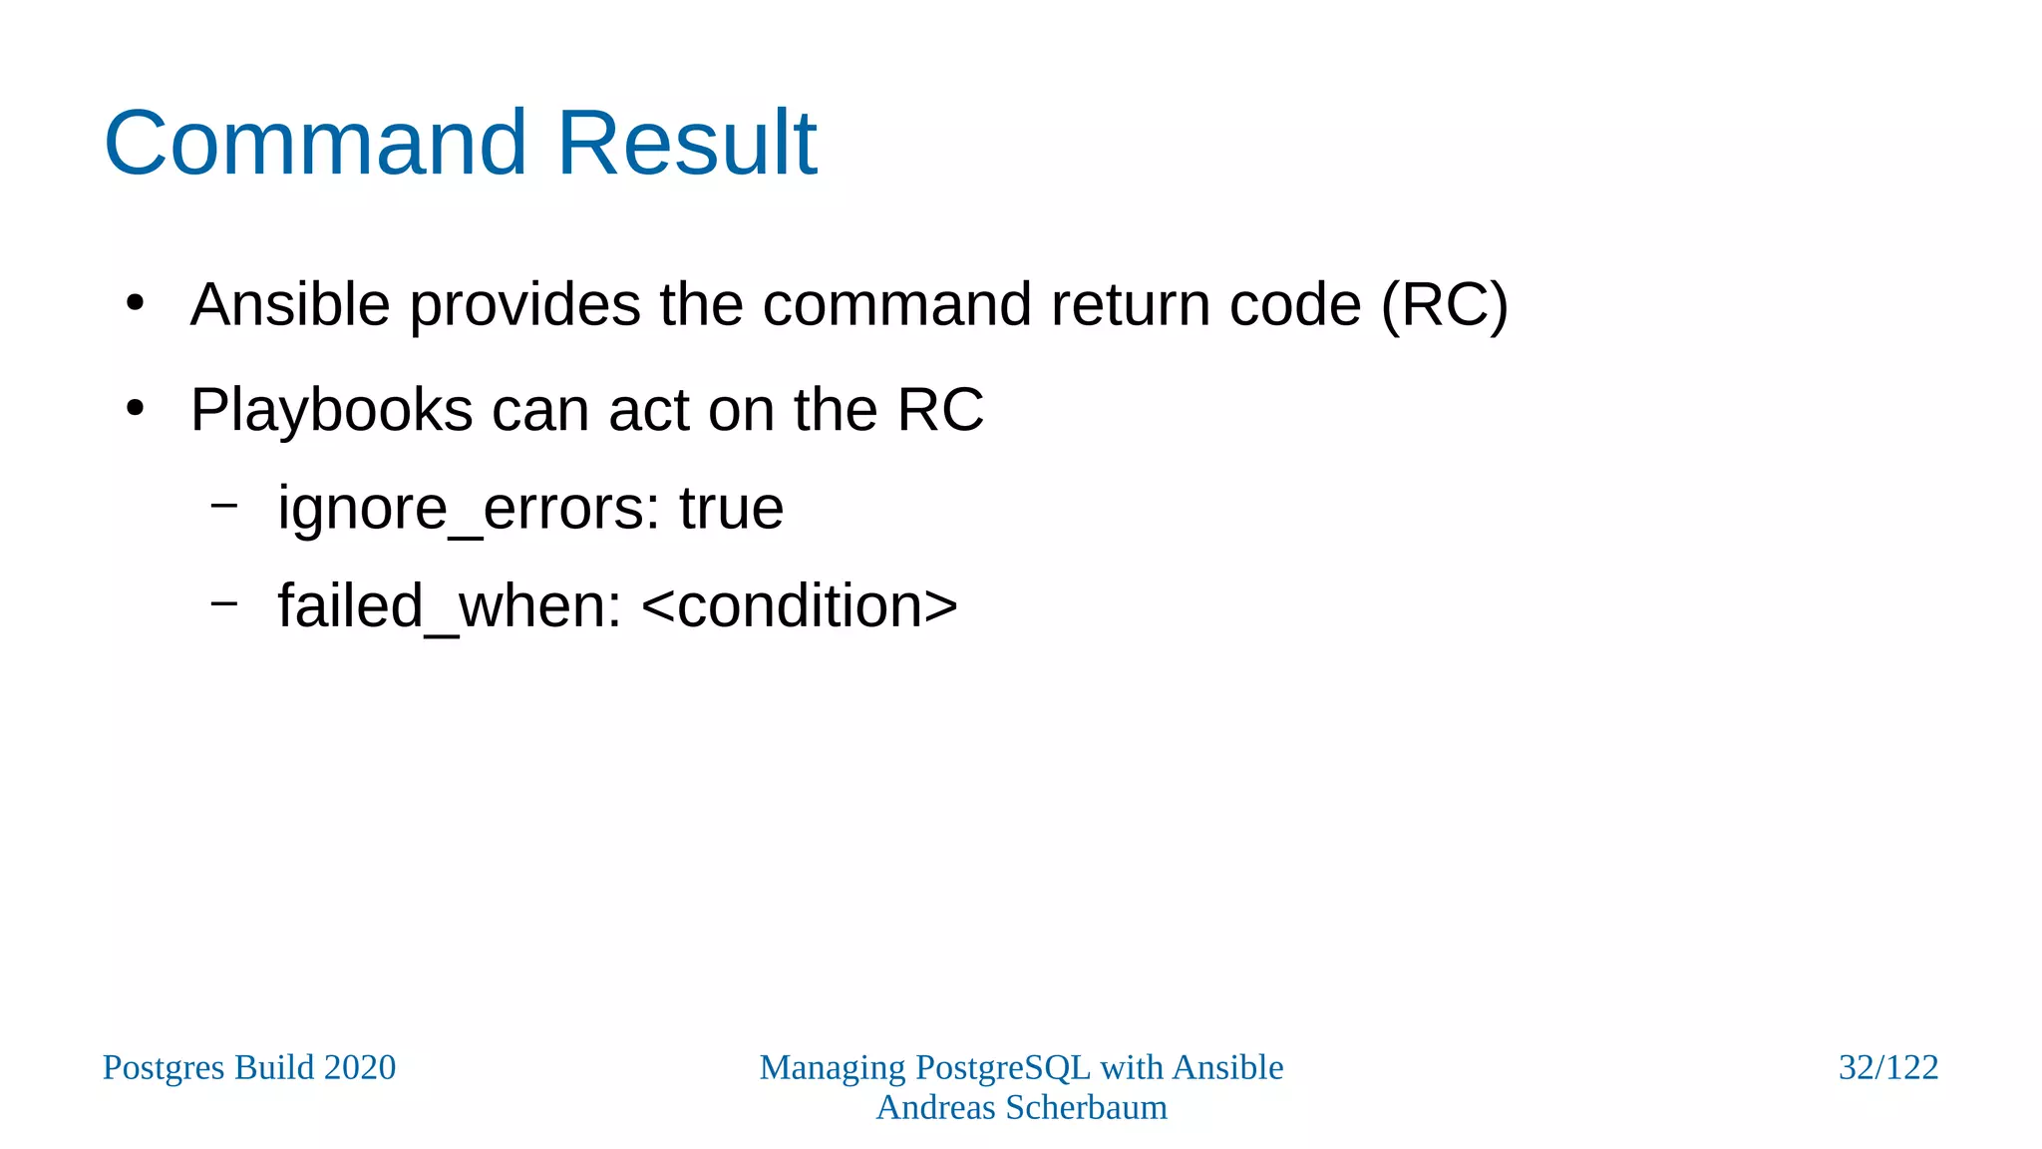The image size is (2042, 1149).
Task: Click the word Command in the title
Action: pyautogui.click(x=314, y=144)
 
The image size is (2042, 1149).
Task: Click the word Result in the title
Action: pyautogui.click(x=687, y=144)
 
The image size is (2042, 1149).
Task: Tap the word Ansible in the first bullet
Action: pyautogui.click(x=290, y=304)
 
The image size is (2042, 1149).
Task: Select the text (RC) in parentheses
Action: pyautogui.click(x=1444, y=304)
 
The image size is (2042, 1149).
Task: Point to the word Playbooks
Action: pyautogui.click(x=331, y=410)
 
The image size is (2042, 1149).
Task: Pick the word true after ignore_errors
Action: pyautogui.click(x=731, y=509)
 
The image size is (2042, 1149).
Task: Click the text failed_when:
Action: pyautogui.click(x=450, y=606)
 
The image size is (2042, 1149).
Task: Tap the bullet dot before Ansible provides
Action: pyautogui.click(x=136, y=302)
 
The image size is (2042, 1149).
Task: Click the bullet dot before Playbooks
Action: pyautogui.click(x=136, y=408)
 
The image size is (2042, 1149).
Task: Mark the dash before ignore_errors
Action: pyautogui.click(x=224, y=506)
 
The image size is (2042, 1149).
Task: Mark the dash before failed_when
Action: pyautogui.click(x=224, y=602)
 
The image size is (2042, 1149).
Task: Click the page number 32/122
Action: pyautogui.click(x=1887, y=1068)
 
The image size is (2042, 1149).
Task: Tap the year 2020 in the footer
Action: pyautogui.click(x=359, y=1068)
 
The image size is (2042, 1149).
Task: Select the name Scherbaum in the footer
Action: pyautogui.click(x=1086, y=1108)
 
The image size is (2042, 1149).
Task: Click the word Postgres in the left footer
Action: pyautogui.click(x=164, y=1068)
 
